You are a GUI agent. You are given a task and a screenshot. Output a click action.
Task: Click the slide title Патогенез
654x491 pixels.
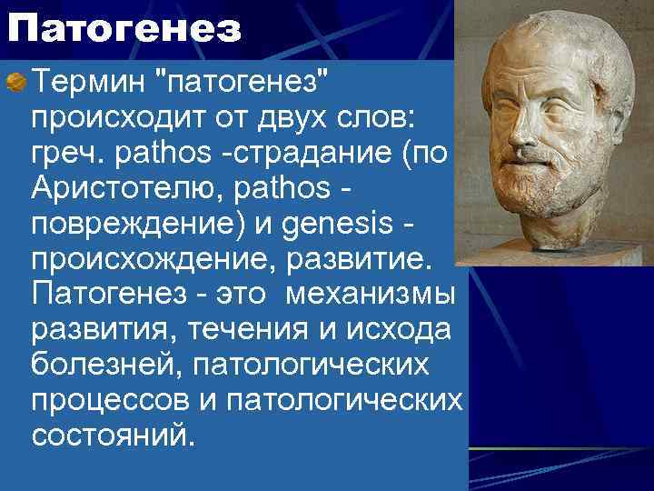[125, 29]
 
